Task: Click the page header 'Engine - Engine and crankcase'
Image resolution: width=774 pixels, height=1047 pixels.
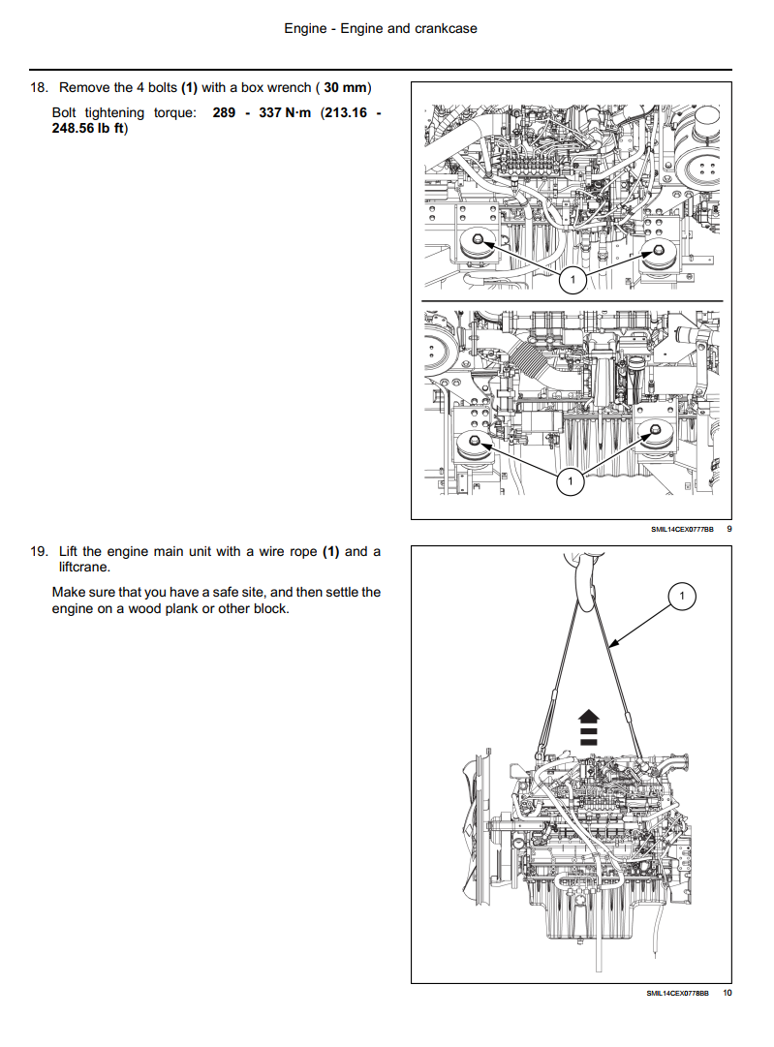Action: coord(381,29)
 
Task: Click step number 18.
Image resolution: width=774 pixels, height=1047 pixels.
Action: coord(39,87)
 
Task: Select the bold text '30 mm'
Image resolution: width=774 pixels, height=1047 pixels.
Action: coord(345,87)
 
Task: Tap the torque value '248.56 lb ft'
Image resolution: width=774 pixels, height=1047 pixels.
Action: coord(88,128)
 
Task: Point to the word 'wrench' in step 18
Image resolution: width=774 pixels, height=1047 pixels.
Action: coord(290,87)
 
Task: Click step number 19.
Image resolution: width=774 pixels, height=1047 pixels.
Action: coord(39,551)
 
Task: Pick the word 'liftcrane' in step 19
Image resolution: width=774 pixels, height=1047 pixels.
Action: coord(82,567)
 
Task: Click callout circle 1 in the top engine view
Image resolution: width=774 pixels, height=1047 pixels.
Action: coord(573,280)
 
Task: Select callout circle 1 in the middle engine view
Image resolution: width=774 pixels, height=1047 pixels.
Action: coord(570,481)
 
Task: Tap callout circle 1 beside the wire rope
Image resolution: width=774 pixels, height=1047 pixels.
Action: coord(682,596)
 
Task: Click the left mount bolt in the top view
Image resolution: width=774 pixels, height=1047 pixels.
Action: coord(479,239)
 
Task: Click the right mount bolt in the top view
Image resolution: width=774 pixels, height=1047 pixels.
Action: coord(658,251)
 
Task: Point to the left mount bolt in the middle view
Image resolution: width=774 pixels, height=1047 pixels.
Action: coord(475,440)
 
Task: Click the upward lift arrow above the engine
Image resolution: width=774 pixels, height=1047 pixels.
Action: coord(588,727)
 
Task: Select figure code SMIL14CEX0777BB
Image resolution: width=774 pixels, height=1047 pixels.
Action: coord(682,530)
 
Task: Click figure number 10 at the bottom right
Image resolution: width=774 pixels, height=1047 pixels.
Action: coord(728,993)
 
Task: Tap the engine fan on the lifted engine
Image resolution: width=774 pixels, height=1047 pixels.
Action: coord(477,828)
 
